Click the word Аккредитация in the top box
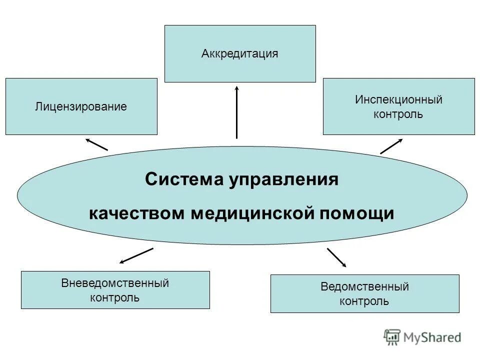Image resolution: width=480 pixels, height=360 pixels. pos(239,53)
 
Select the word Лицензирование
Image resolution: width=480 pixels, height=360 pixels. pos(80,106)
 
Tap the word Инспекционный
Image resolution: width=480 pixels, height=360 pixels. pos(398,99)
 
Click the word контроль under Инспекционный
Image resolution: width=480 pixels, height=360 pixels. pos(398,114)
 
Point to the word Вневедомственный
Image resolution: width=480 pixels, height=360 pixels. pos(115,283)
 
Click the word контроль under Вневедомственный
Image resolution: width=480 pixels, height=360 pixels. pos(115,298)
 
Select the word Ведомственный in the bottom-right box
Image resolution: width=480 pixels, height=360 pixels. pos(364,287)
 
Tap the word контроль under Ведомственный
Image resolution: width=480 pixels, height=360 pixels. pos(364,301)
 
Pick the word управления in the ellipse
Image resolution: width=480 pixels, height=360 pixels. pos(284,179)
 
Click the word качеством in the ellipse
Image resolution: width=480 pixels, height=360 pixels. pos(137,213)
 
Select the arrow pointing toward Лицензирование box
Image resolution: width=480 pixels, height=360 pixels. pos(96,144)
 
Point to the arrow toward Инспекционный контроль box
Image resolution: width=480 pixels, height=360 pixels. pos(391,146)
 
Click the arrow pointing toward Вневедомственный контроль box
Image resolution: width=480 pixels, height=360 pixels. pos(136,255)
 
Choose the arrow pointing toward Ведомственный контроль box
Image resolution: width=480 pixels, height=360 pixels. pos(336,257)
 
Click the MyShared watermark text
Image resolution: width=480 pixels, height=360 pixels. pos(432,337)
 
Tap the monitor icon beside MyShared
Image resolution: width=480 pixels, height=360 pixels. pos(392,337)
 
